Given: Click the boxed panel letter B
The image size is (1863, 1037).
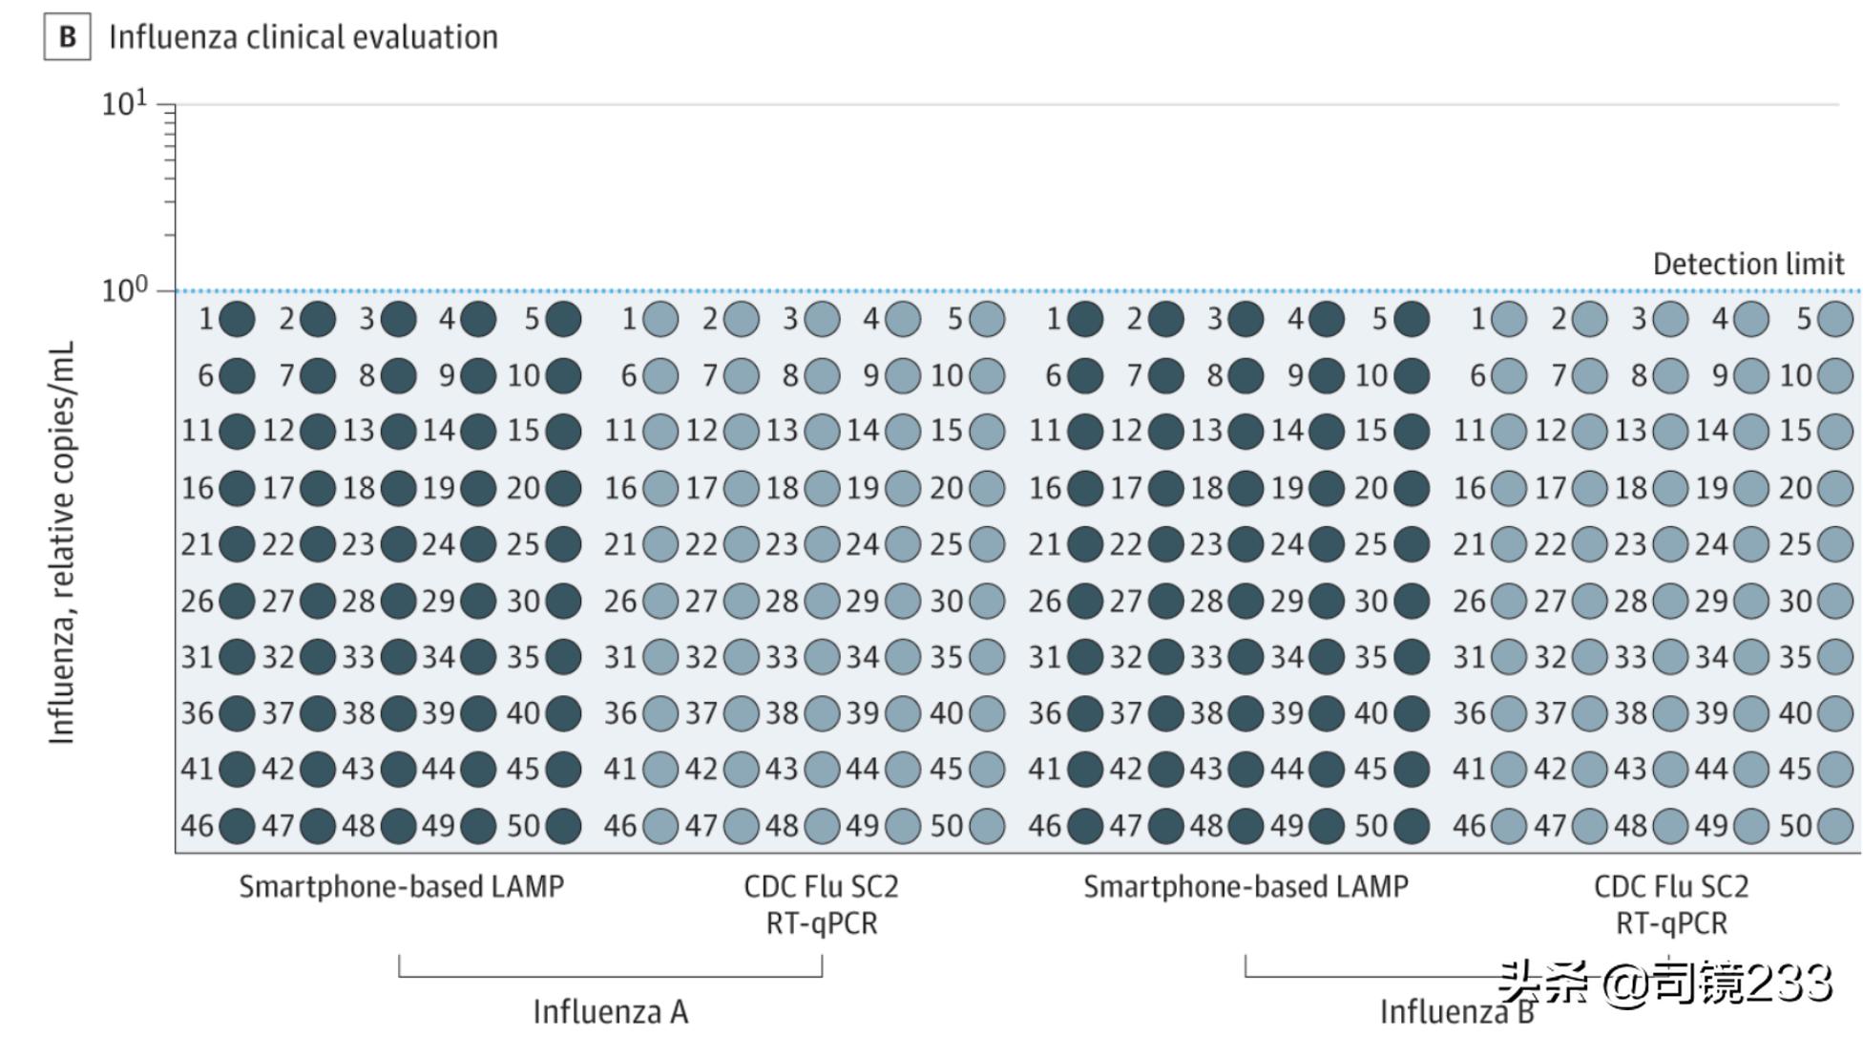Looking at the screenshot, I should pyautogui.click(x=67, y=37).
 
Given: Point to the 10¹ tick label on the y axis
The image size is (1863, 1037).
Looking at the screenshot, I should pyautogui.click(x=124, y=103).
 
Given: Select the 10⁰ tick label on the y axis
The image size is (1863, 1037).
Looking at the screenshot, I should pyautogui.click(x=124, y=289).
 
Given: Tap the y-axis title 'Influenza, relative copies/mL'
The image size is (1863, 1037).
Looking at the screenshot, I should pyautogui.click(x=62, y=542).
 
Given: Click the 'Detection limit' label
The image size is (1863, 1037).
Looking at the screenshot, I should pyautogui.click(x=1748, y=265).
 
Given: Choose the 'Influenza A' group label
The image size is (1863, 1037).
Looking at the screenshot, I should pyautogui.click(x=610, y=1011).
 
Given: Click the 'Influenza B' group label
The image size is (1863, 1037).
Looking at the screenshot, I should pyautogui.click(x=1456, y=1011).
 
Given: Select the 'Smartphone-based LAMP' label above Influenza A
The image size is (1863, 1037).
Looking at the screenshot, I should pyautogui.click(x=401, y=887).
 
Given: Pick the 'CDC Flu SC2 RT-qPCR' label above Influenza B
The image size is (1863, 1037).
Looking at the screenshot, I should pyautogui.click(x=1671, y=904).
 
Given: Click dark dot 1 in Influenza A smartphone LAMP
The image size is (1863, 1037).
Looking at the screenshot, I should pyautogui.click(x=237, y=319).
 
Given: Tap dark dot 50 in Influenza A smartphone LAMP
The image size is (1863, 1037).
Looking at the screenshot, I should pyautogui.click(x=564, y=826).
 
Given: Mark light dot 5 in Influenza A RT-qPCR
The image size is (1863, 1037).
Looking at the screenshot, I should pyautogui.click(x=988, y=319).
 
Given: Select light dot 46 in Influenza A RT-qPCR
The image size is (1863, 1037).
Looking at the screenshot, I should pyautogui.click(x=660, y=826).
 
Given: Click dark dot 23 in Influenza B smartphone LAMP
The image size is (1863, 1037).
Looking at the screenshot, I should pyautogui.click(x=1246, y=544).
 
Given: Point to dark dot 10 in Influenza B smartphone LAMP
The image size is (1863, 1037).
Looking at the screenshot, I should pyautogui.click(x=1413, y=375).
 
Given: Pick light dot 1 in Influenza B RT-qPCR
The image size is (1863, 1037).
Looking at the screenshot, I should pyautogui.click(x=1509, y=319).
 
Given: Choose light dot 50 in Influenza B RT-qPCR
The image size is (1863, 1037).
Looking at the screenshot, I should pyautogui.click(x=1835, y=826).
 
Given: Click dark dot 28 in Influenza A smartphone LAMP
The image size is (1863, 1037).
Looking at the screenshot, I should pyautogui.click(x=398, y=601).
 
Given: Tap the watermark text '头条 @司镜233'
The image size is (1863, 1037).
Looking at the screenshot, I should pyautogui.click(x=1664, y=983).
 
